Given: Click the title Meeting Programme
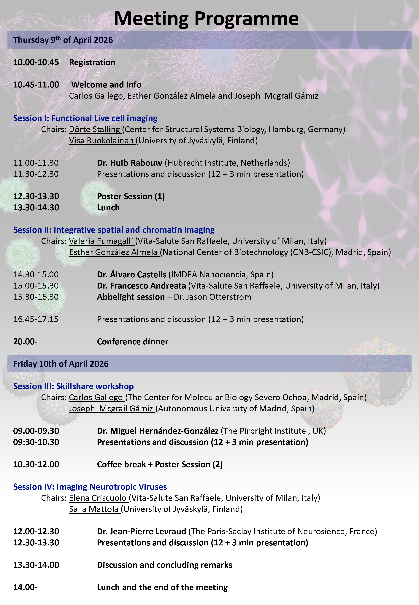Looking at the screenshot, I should (x=206, y=19).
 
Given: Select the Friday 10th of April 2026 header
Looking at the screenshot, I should (x=61, y=364).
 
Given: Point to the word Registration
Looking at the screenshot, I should (x=92, y=62).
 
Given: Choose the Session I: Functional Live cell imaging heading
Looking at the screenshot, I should (x=85, y=118).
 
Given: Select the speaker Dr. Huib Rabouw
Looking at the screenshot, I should (x=129, y=163).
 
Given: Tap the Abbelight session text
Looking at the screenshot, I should (x=131, y=297).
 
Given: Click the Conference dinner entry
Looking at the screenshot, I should (x=132, y=342).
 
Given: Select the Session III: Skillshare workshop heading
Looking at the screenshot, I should (x=74, y=386).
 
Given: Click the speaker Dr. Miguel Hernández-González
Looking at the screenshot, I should (x=158, y=431).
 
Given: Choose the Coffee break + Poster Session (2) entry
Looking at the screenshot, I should (x=160, y=465).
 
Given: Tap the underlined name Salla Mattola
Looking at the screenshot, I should (x=94, y=509).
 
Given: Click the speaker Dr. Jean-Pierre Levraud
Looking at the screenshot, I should (x=141, y=531).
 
